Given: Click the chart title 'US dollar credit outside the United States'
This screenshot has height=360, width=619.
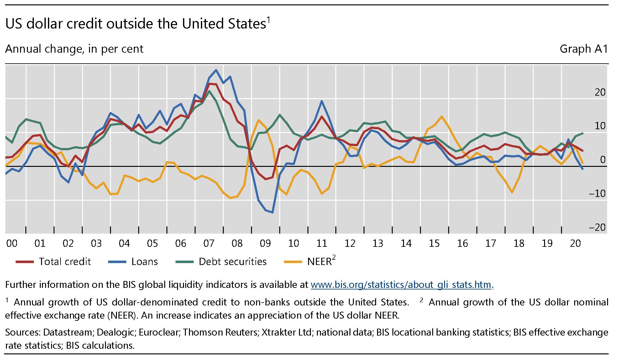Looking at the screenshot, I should (136, 24).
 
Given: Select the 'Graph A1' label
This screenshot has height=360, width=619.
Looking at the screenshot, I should (584, 49).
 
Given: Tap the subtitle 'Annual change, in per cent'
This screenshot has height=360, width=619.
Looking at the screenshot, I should (74, 49).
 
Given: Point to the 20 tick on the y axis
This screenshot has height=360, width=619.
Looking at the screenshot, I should (600, 92).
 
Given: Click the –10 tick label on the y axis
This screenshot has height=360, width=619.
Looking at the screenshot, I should (597, 193).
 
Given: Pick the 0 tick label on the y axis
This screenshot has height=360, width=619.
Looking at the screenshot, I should (602, 160).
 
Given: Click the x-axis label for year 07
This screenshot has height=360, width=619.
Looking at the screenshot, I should (209, 243).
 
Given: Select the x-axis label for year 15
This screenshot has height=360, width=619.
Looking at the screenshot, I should (434, 243).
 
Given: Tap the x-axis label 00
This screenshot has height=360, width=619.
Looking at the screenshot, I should (12, 243).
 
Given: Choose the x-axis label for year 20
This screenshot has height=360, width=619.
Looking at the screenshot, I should (575, 243).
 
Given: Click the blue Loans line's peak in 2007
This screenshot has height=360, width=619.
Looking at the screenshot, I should (216, 70).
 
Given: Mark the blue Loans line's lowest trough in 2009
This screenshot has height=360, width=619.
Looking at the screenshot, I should (272, 212).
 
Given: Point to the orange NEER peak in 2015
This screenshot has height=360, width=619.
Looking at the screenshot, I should (442, 116).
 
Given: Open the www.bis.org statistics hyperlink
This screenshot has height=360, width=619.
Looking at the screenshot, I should (402, 285).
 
